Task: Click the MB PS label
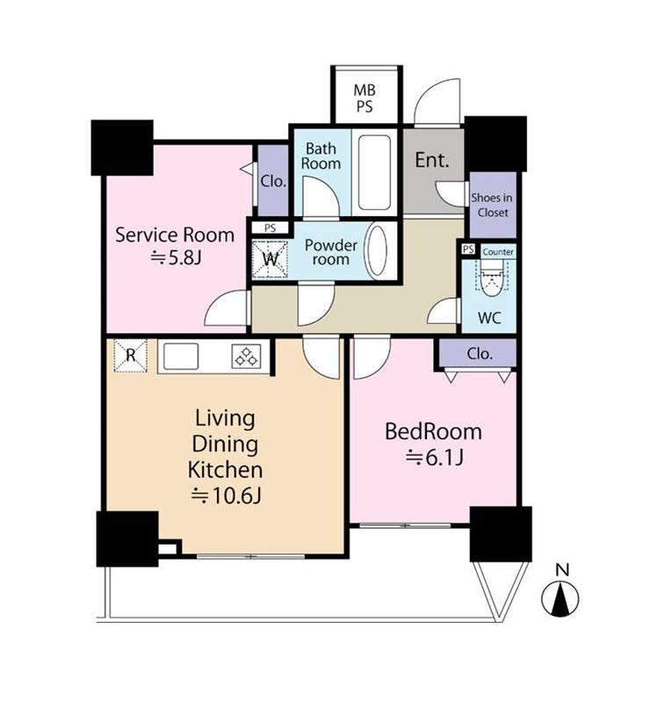[364, 98]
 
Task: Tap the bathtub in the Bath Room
[374, 173]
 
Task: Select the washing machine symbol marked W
[270, 260]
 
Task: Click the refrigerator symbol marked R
[130, 356]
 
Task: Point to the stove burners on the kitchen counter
[247, 356]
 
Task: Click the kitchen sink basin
[181, 357]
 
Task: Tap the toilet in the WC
[492, 278]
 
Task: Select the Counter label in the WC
[498, 252]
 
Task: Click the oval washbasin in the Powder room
[376, 250]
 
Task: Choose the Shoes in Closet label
[492, 205]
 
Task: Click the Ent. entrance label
[431, 160]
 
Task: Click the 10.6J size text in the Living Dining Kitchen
[226, 496]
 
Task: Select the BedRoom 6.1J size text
[433, 458]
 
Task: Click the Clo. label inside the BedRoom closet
[480, 354]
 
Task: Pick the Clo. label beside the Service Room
[273, 181]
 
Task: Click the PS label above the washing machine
[270, 228]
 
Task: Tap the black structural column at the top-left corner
[122, 148]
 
